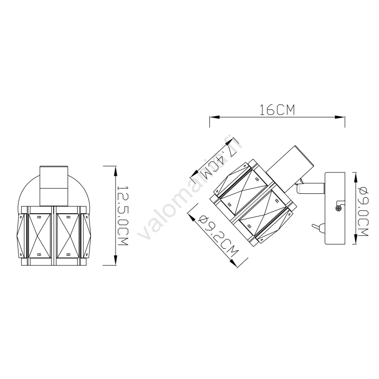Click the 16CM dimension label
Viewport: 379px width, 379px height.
tap(277, 110)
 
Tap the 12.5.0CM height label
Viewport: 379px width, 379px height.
tap(123, 216)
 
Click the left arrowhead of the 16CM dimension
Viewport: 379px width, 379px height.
tap(215, 117)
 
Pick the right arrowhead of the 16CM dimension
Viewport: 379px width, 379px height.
tap(340, 117)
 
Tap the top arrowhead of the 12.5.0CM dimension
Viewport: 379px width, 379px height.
tap(116, 171)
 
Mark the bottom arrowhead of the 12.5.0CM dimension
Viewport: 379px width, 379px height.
tap(116, 260)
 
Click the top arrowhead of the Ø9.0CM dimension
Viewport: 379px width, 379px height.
tap(355, 177)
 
